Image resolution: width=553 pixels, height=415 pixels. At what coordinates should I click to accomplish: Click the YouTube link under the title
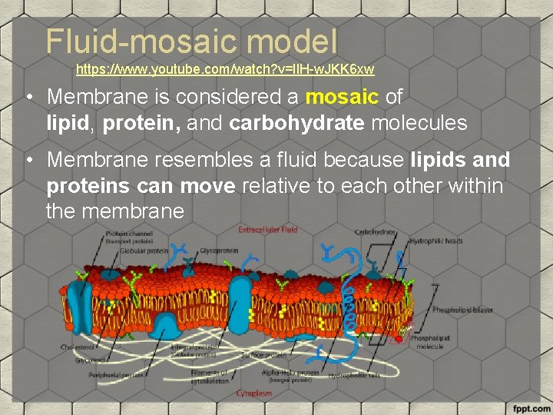click(225, 70)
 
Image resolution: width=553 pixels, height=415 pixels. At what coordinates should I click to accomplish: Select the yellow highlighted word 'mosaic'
click(343, 98)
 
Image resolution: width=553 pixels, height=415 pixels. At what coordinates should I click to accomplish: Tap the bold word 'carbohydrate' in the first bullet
click(296, 123)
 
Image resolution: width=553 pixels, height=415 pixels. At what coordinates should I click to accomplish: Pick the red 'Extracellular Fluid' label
click(267, 229)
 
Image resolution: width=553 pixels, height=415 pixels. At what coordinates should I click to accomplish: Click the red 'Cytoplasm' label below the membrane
click(253, 393)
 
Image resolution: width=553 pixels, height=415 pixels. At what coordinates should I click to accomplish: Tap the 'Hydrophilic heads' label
click(437, 241)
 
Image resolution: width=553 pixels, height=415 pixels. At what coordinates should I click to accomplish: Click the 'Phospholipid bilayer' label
click(462, 310)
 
